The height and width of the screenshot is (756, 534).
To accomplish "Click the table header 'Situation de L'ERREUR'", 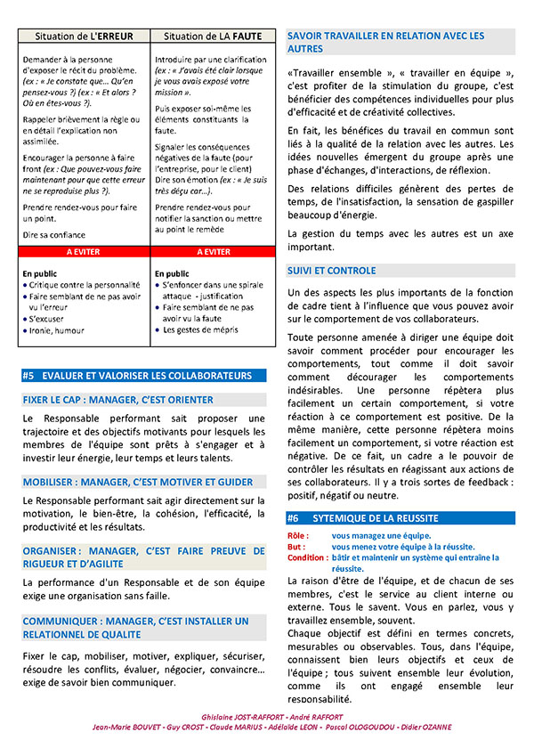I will [x=84, y=37].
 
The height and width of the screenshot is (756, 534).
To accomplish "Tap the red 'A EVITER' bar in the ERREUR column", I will [x=84, y=252].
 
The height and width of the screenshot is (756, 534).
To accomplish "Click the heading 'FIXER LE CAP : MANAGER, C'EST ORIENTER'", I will [x=118, y=400].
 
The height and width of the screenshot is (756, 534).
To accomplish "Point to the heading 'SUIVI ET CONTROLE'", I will [x=332, y=271].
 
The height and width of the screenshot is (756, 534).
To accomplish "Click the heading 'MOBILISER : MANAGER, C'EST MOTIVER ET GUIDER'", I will [x=138, y=482].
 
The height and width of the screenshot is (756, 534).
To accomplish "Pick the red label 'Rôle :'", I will [x=298, y=535].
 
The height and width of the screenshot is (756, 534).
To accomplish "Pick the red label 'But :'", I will [x=296, y=547].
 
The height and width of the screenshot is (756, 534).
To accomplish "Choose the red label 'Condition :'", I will [x=306, y=557].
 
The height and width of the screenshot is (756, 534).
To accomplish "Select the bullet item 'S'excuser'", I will [x=50, y=318].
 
